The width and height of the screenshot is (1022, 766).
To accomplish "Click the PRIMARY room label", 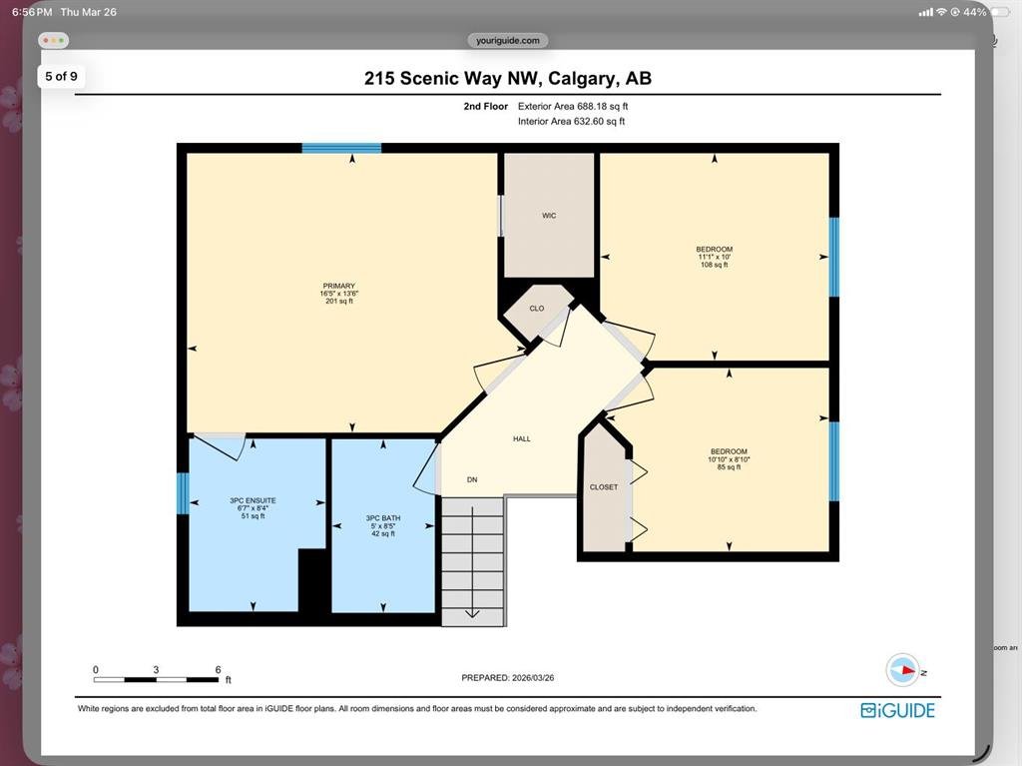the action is [x=339, y=286].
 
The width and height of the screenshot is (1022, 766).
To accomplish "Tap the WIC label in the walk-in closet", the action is [x=549, y=216].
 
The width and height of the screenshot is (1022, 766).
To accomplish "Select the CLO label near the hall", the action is [x=536, y=309].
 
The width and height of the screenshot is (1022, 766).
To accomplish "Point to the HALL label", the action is [x=521, y=439].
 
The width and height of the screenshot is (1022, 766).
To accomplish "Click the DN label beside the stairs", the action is [x=472, y=479].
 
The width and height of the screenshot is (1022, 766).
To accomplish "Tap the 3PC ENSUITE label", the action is [x=253, y=500].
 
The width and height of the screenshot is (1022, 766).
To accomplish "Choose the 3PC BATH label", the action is [x=383, y=518].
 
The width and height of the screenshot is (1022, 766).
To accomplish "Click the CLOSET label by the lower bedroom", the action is [x=604, y=487].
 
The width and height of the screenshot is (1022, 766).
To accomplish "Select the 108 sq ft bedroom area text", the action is [x=715, y=265].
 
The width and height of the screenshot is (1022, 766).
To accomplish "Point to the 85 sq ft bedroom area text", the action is [x=729, y=467].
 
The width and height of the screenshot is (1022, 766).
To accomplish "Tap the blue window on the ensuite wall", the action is [x=183, y=493].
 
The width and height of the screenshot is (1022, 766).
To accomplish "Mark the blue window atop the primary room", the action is [x=341, y=148].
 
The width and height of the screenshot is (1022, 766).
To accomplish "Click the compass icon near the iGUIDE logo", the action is [x=902, y=669].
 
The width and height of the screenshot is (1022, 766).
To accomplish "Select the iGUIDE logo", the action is [x=897, y=710].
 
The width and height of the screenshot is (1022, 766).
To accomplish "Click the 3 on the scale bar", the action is [x=156, y=669].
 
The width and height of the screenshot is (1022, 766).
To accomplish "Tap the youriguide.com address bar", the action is [x=508, y=41].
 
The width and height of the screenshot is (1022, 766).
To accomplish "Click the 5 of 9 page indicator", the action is [x=61, y=76].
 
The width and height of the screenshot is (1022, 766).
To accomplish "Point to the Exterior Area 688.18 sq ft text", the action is [x=573, y=106].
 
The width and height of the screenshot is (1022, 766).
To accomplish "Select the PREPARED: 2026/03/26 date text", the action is [x=508, y=678].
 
